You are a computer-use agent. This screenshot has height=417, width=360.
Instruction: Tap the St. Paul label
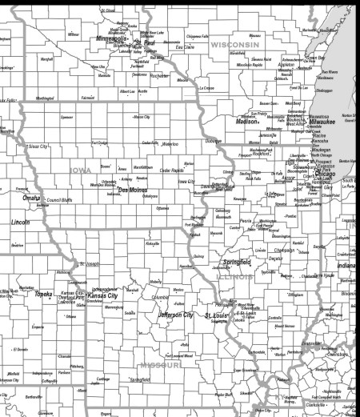pos(144,42)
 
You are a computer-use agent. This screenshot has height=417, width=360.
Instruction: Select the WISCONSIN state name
pos(234,45)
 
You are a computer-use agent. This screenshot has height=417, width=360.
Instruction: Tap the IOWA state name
pos(80,170)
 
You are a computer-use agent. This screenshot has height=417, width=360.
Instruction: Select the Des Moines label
pos(133,190)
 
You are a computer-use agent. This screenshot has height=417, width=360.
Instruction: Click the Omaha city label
pos(31,198)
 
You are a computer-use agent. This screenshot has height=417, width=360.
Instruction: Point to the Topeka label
pos(42,294)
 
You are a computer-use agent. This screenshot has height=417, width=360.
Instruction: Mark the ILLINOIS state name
pos(237,276)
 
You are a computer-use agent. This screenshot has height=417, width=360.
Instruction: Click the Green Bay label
pos(314,58)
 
